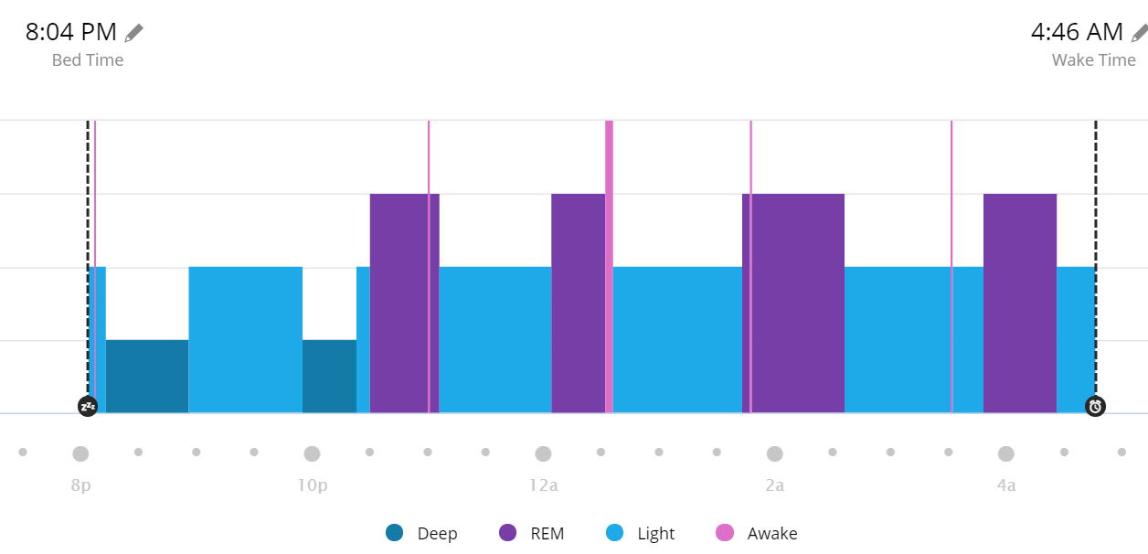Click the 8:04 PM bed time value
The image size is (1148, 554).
click(71, 33)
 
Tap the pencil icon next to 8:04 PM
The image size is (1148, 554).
click(134, 33)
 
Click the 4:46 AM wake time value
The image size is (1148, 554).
click(1077, 33)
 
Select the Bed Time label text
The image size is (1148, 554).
click(88, 60)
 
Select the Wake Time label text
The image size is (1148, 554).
click(1093, 60)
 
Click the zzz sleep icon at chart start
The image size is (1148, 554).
click(88, 407)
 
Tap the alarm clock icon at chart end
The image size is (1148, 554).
click(1095, 407)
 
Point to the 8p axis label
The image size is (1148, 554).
click(80, 485)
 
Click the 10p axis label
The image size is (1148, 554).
click(312, 485)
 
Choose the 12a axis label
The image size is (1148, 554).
click(543, 485)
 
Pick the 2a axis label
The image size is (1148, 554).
click(774, 485)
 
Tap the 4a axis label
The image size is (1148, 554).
click(1005, 485)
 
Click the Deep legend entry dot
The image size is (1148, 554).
click(395, 533)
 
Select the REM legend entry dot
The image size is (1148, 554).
click(508, 533)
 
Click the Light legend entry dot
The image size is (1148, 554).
click(615, 533)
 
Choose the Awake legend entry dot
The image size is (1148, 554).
click(725, 533)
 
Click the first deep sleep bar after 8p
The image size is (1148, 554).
click(147, 377)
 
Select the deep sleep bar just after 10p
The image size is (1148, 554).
click(329, 377)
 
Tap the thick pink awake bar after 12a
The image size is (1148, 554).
click(609, 265)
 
